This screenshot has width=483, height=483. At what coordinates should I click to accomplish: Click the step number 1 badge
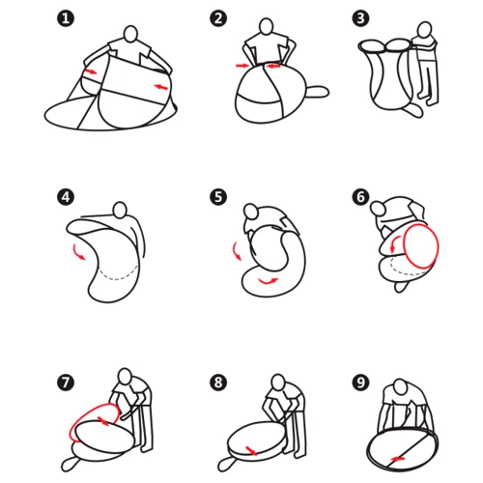tap(66, 18)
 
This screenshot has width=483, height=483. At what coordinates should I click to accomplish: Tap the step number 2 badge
tap(218, 18)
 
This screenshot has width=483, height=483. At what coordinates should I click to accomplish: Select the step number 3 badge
tap(360, 18)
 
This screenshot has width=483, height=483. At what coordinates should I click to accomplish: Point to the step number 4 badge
tap(66, 197)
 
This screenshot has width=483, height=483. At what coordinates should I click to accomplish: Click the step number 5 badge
tap(218, 197)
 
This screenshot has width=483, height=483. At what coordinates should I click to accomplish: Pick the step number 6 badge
tap(360, 197)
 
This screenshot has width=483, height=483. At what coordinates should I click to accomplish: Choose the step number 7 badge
tap(66, 383)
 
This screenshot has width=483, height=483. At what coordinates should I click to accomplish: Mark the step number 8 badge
tap(218, 383)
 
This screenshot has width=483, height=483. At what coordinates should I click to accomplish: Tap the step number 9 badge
tap(360, 383)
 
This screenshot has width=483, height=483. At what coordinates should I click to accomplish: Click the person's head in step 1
tap(130, 34)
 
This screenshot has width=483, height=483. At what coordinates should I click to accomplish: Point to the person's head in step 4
tap(121, 210)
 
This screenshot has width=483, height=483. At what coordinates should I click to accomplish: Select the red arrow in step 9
tap(398, 459)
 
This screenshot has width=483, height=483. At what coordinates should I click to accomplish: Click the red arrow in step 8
tap(251, 450)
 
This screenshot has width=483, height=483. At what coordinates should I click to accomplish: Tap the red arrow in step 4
tap(78, 252)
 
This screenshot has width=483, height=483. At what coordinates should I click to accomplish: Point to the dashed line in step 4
tap(118, 274)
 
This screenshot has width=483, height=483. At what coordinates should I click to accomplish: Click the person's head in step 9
tap(401, 386)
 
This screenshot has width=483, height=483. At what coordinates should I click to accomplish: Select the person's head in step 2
tap(267, 26)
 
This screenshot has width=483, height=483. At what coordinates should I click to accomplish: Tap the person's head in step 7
tap(125, 376)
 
